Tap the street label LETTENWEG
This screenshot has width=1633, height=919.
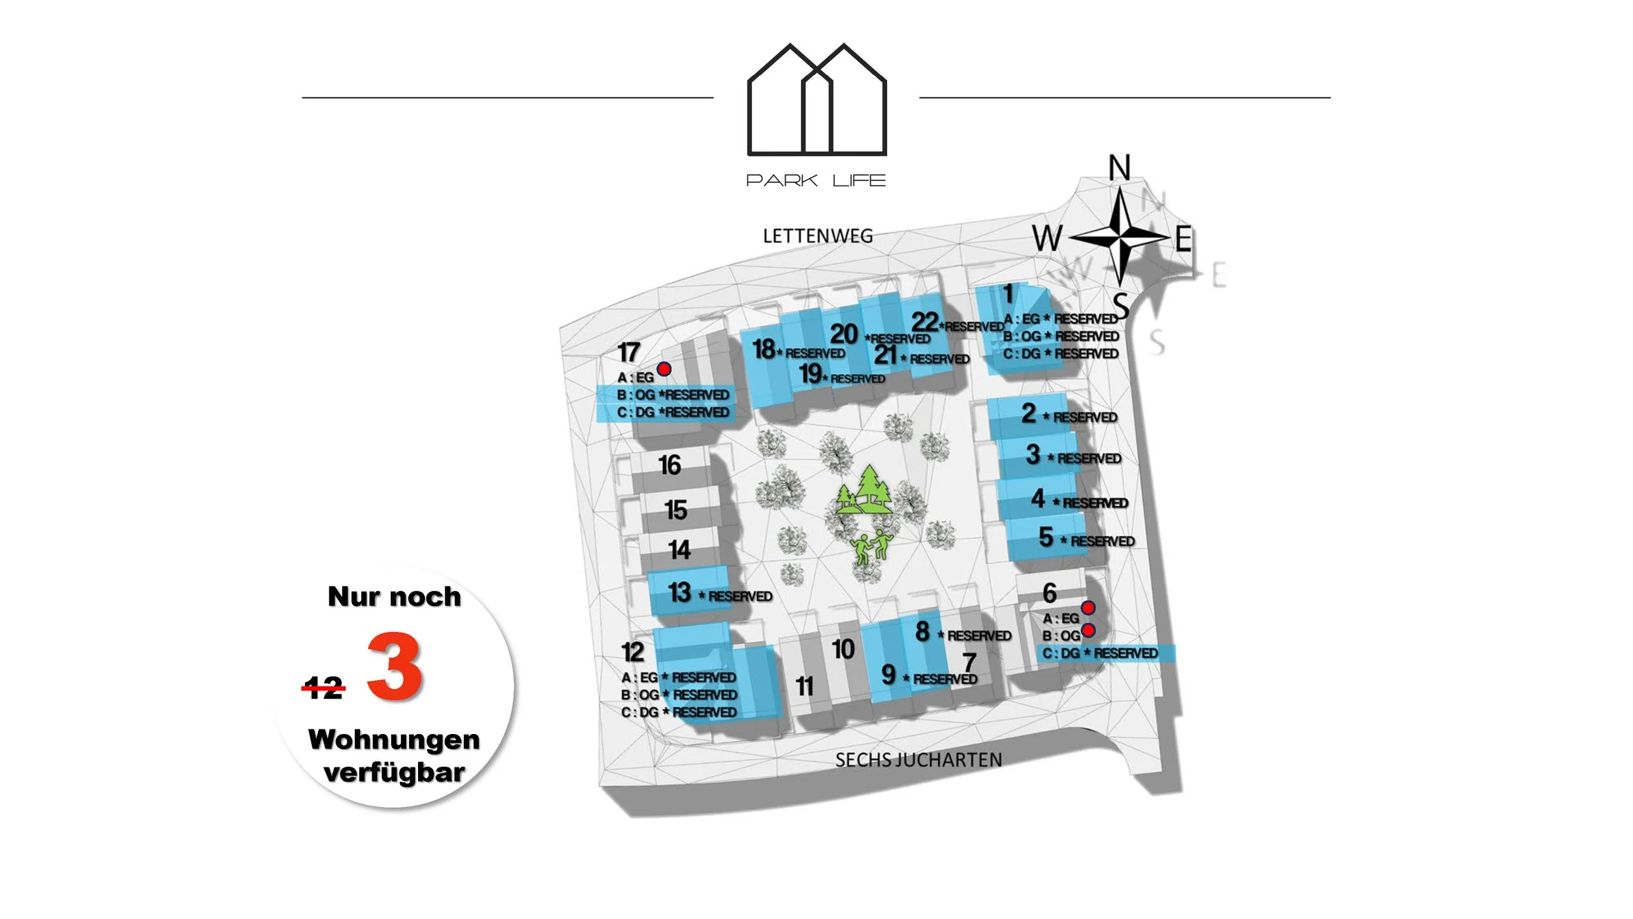(818, 236)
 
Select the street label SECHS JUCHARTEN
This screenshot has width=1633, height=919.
(918, 760)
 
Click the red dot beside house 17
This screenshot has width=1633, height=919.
(664, 369)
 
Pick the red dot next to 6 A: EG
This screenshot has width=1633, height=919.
(1088, 608)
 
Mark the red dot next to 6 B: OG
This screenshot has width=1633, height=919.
(1088, 630)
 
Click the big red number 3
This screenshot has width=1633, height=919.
(394, 666)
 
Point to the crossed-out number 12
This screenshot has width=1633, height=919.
(323, 688)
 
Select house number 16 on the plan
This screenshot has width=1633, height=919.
(670, 465)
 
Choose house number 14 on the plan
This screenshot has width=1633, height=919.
(679, 550)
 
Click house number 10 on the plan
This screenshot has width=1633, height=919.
(843, 649)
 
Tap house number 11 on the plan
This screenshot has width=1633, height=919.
(805, 686)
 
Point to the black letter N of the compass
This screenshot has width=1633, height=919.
(1120, 168)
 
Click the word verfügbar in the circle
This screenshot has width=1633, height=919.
(394, 773)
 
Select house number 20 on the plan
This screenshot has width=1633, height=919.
(843, 334)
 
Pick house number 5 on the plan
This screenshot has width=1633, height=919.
(1046, 537)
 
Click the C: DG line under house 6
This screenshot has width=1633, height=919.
(1100, 653)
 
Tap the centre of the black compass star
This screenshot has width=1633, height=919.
(1120, 236)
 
